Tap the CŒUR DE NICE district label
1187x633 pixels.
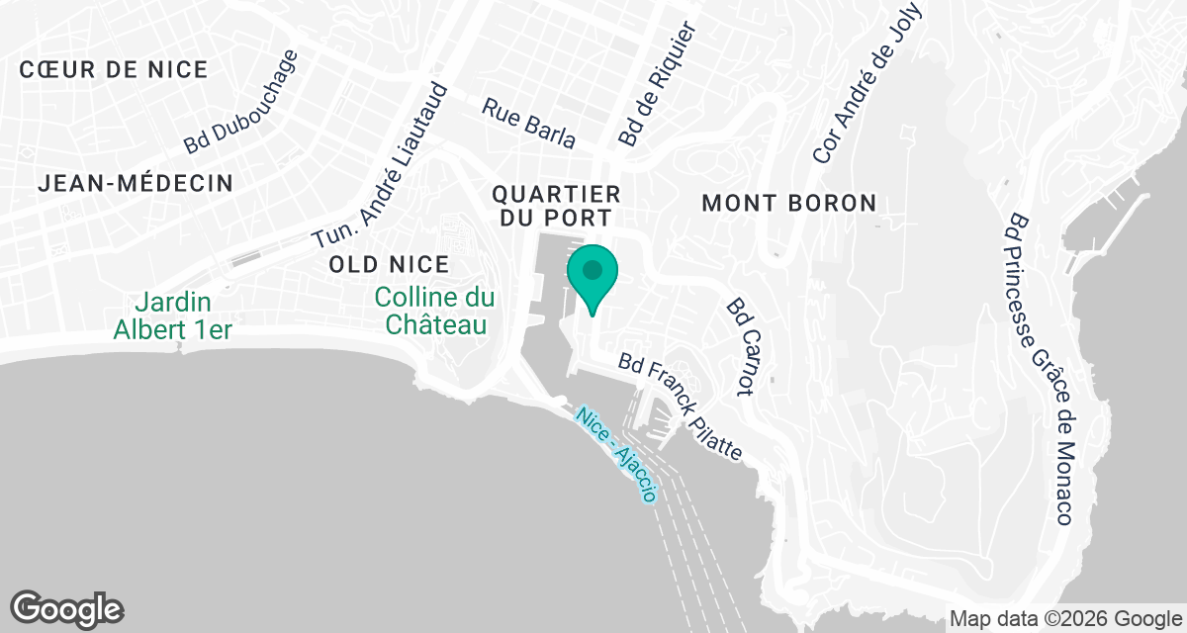point(113,70)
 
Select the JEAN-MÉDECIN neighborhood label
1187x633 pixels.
point(137,183)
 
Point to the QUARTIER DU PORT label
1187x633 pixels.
point(557,207)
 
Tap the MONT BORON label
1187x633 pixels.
point(788,204)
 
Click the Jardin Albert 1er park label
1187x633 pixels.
point(173,315)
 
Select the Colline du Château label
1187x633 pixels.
point(435,311)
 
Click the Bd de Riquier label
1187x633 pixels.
point(657,85)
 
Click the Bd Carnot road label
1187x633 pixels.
point(741,347)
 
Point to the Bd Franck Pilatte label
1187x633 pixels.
point(681,407)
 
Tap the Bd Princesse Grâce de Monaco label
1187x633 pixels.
point(1038,369)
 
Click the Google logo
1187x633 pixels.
point(67,608)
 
